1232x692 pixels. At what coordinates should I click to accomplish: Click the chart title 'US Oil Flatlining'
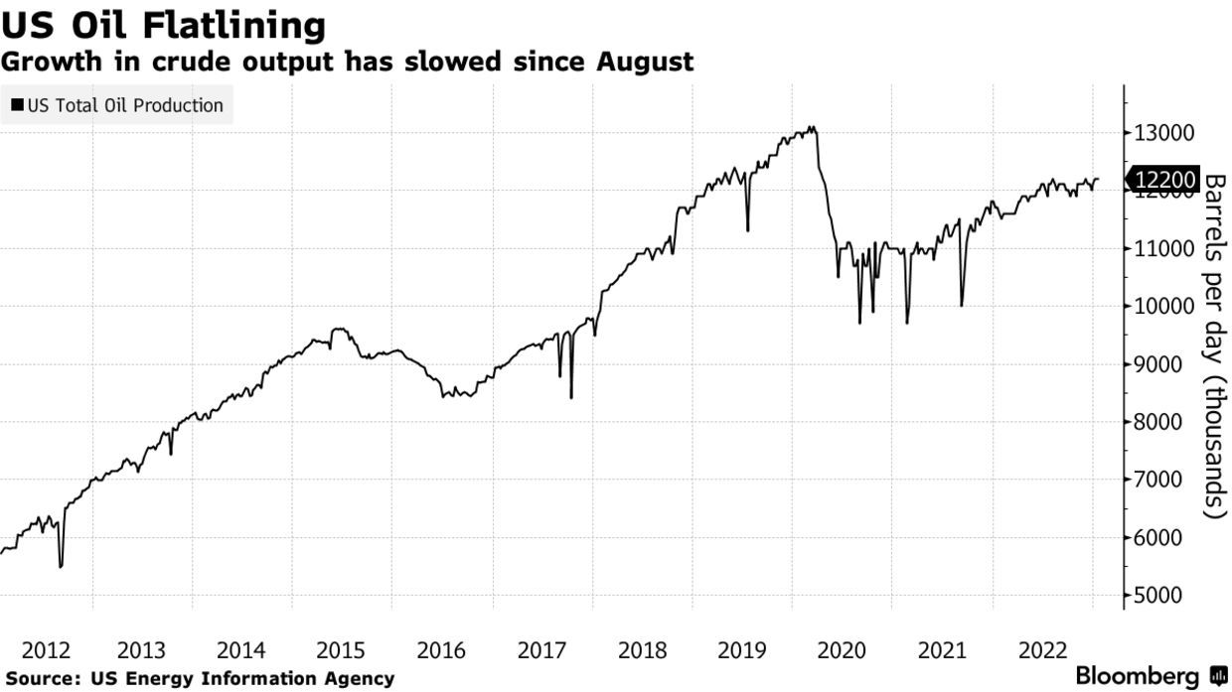(x=163, y=25)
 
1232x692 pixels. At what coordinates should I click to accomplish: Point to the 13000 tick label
(x=1163, y=133)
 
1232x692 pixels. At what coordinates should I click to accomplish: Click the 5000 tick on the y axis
(x=1163, y=596)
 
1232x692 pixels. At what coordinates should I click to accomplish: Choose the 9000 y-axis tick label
(x=1163, y=364)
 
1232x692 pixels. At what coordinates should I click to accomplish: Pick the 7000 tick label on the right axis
(x=1163, y=481)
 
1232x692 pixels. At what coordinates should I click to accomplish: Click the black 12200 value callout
(x=1163, y=180)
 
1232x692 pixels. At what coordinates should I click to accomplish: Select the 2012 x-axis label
(x=46, y=651)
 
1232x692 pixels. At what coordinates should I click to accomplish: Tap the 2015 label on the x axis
(x=341, y=651)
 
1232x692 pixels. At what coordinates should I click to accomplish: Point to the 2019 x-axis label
(x=741, y=651)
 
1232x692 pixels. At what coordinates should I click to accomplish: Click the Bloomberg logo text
(x=1140, y=676)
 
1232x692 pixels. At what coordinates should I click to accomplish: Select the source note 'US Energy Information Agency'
(x=241, y=679)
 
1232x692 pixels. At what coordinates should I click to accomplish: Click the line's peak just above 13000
(x=813, y=127)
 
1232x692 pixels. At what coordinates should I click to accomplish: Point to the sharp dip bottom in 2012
(x=61, y=567)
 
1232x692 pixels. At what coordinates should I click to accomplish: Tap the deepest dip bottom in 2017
(x=571, y=397)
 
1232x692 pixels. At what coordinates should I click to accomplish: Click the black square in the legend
(x=18, y=105)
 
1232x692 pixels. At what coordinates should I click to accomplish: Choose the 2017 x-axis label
(x=541, y=651)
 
